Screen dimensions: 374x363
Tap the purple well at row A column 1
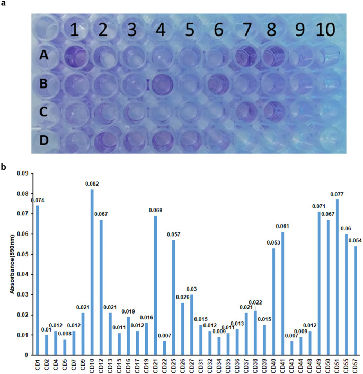pyautogui.click(x=74, y=56)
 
